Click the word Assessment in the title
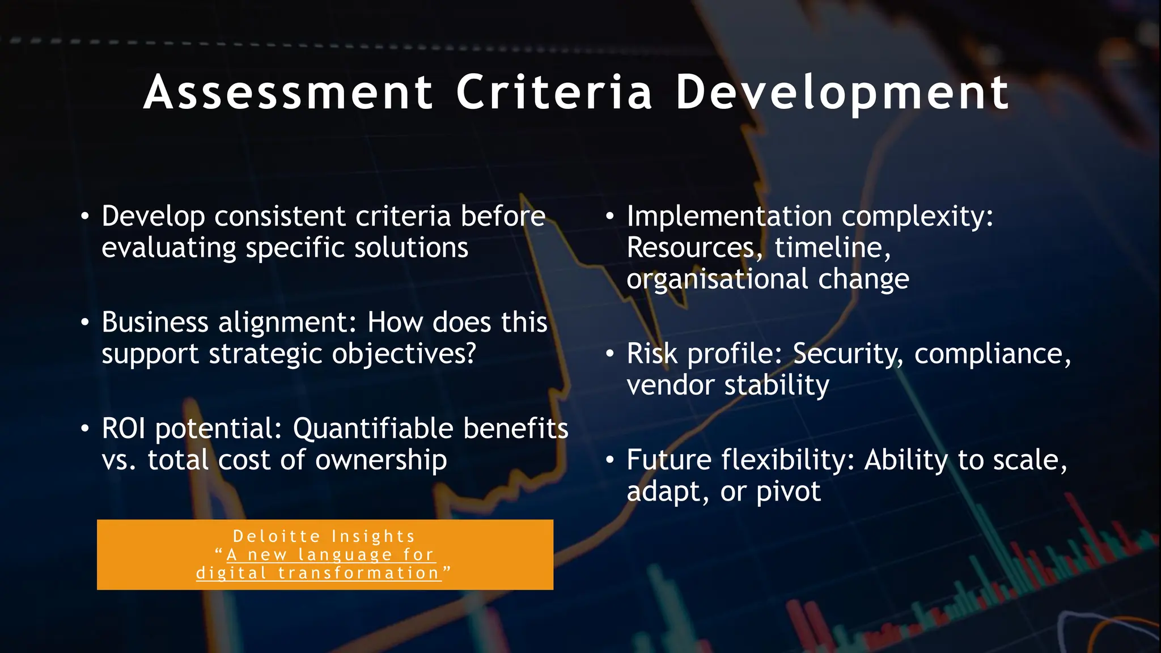[289, 92]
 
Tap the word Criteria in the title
[554, 92]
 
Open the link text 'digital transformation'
[318, 573]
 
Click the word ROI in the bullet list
[124, 428]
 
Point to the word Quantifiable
[374, 429]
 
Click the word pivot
[788, 491]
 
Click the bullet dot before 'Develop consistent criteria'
[84, 217]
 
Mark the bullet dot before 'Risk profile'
[609, 354]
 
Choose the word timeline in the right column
[829, 248]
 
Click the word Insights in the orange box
[373, 536]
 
